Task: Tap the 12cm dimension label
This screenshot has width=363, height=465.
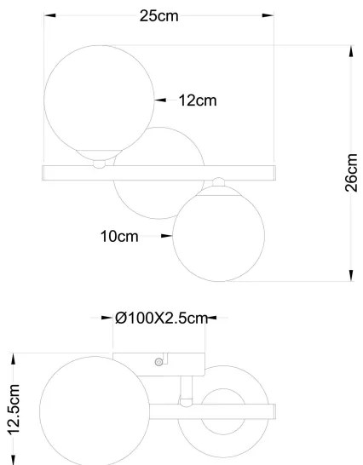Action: [x=198, y=101]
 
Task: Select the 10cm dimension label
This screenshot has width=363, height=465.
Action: [x=119, y=238]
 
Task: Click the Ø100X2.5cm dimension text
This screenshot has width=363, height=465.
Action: [x=161, y=319]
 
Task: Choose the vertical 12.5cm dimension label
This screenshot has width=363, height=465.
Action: [x=13, y=410]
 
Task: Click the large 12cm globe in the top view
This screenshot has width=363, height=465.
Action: [x=99, y=100]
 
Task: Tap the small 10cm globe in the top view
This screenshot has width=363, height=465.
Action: [x=214, y=238]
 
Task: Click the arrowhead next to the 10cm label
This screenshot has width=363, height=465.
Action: [x=166, y=238]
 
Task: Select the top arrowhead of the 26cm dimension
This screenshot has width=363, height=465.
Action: [x=350, y=50]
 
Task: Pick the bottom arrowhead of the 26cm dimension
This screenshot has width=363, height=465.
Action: [x=350, y=273]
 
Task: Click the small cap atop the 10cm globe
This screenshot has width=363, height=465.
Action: [x=219, y=181]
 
